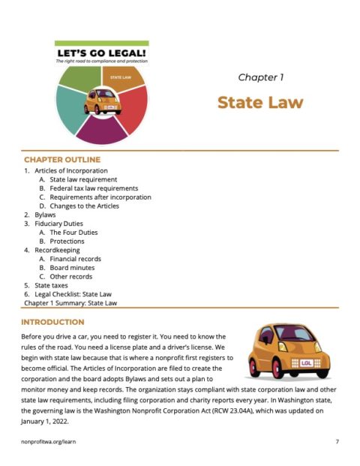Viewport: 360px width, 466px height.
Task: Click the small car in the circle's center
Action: pyautogui.click(x=102, y=102)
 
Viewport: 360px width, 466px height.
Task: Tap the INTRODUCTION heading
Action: pyautogui.click(x=56, y=322)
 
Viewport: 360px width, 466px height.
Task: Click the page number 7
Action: pyautogui.click(x=337, y=443)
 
